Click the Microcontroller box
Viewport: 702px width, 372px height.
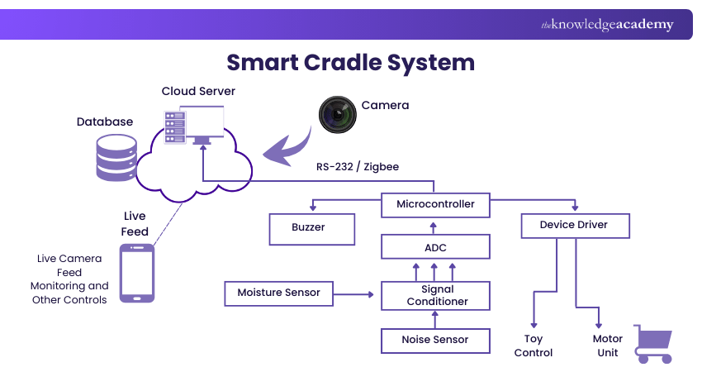coord(435,204)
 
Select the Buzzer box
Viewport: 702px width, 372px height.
coord(312,227)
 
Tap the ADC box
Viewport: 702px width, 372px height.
coord(435,246)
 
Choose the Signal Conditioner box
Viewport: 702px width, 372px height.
coord(435,295)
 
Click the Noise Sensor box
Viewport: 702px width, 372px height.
coord(435,340)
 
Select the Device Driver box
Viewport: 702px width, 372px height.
coord(576,225)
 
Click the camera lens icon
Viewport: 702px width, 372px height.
coord(338,115)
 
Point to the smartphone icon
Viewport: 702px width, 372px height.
coord(137,273)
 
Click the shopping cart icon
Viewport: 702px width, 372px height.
coord(652,343)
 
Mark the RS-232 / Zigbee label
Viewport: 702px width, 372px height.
coord(358,167)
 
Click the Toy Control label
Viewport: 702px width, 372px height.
coord(533,346)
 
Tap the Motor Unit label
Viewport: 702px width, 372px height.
coord(608,346)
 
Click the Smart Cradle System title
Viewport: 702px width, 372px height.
coord(351,63)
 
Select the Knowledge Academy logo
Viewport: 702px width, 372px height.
coord(607,25)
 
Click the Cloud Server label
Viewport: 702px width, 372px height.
coord(198,91)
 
